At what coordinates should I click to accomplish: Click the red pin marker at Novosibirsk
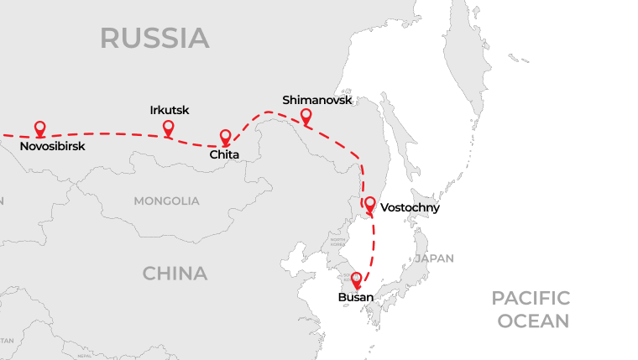tap(39, 128)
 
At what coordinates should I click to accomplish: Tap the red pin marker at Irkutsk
tap(168, 128)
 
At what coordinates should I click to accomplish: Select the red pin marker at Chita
tap(225, 137)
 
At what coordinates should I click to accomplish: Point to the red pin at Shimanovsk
tap(306, 116)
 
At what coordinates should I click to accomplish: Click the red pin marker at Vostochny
tap(369, 204)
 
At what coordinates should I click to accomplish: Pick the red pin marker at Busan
tap(356, 279)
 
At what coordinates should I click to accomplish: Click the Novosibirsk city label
tap(52, 147)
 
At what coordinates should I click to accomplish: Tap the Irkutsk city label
tap(170, 110)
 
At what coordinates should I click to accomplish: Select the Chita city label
tap(225, 155)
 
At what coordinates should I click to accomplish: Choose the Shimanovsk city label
tap(316, 100)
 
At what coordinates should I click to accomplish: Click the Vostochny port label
tap(410, 207)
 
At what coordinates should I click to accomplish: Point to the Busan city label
tap(355, 297)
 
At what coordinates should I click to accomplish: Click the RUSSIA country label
tap(154, 38)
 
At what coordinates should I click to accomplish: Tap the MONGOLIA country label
tap(166, 201)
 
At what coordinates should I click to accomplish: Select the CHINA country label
tap(175, 274)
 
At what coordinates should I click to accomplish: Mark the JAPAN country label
tap(434, 258)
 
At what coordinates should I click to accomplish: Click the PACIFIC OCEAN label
tap(531, 309)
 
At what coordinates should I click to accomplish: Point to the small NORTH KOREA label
tap(337, 243)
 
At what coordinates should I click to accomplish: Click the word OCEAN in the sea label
tap(531, 321)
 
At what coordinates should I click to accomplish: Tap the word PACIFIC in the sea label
tap(531, 298)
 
